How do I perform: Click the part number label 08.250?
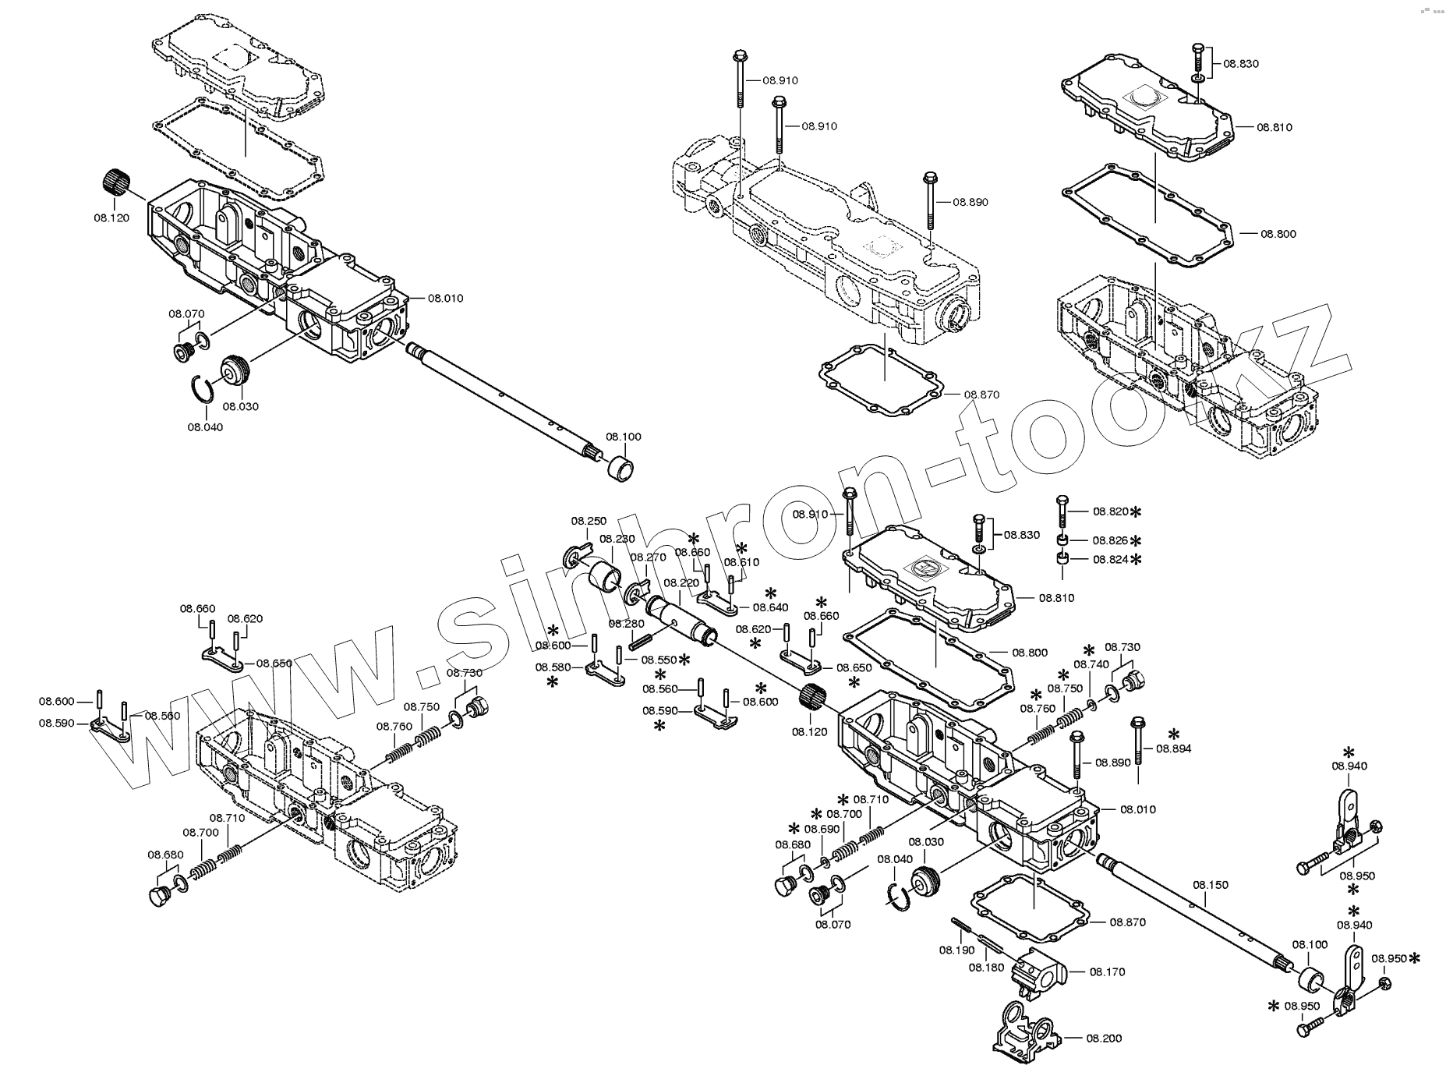click(589, 521)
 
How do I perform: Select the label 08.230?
click(617, 539)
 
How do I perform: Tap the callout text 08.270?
click(648, 557)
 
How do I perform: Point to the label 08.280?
click(626, 624)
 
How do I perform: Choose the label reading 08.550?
click(659, 660)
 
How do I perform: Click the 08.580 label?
click(553, 667)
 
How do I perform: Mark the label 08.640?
click(771, 607)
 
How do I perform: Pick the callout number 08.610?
click(741, 562)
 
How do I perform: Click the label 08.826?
click(1110, 540)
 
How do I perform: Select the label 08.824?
click(1110, 559)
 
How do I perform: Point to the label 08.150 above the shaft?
click(1210, 885)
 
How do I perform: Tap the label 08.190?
click(956, 950)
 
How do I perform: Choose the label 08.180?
click(986, 968)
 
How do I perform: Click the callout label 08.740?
click(1091, 664)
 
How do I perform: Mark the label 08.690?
click(822, 829)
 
